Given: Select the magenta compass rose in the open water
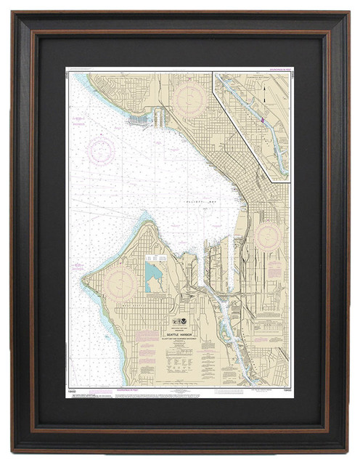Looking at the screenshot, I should (101, 150).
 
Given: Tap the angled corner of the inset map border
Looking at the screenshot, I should (270, 179).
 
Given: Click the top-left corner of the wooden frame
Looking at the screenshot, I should (13, 14).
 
